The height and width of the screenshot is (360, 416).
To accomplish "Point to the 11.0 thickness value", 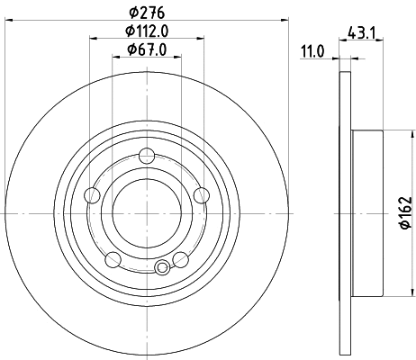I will pyautogui.click(x=312, y=53).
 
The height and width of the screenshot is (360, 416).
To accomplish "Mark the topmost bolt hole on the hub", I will pyautogui.click(x=146, y=161).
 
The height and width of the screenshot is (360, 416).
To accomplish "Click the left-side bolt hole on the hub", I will pyautogui.click(x=90, y=196).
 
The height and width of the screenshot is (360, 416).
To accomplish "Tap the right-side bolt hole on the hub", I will pyautogui.click(x=201, y=196).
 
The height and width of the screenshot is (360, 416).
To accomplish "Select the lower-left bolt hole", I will pyautogui.click(x=112, y=260).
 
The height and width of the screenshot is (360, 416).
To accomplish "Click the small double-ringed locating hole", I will pyautogui.click(x=162, y=267).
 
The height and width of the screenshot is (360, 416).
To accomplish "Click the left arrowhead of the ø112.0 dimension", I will pyautogui.click(x=93, y=38).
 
